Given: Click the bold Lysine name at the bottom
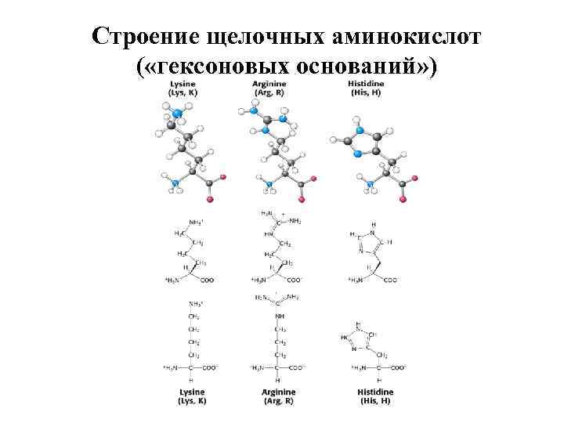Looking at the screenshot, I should pos(190,391).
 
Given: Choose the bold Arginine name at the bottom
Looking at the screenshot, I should pos(280,391).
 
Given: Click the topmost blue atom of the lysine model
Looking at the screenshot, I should pos(177,114).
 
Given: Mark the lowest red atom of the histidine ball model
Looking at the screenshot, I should pos(403,200).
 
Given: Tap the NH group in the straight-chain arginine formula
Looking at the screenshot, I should pos(280,316).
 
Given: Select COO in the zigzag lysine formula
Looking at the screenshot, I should pos(208,280).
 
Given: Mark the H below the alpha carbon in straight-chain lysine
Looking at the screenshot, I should pos(191,379).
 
